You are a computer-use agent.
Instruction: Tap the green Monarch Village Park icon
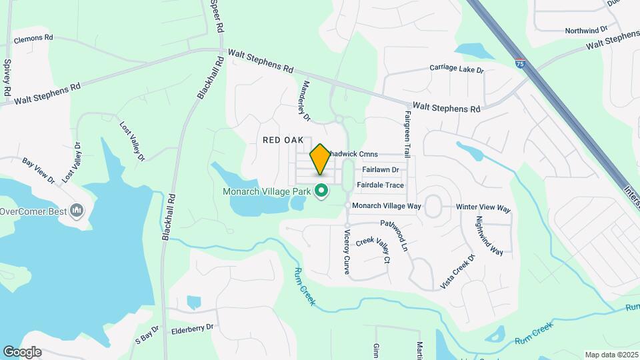click(x=321, y=191)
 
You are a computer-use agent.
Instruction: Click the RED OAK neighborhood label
click(x=283, y=140)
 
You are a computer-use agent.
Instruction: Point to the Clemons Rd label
click(x=33, y=39)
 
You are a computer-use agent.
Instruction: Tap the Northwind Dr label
click(x=586, y=30)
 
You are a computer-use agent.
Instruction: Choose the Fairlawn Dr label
click(x=381, y=170)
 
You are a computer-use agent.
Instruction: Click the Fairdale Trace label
click(x=380, y=185)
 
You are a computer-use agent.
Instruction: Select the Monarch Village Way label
click(x=386, y=206)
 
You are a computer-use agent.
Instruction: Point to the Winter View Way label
click(x=483, y=208)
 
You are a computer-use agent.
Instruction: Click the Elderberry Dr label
click(x=192, y=327)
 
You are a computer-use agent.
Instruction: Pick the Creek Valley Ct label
click(x=373, y=250)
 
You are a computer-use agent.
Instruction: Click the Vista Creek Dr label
click(x=457, y=271)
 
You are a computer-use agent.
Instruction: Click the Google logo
click(x=21, y=352)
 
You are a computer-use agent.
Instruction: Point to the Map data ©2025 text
click(x=611, y=355)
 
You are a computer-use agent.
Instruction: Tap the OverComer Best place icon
click(x=77, y=211)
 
